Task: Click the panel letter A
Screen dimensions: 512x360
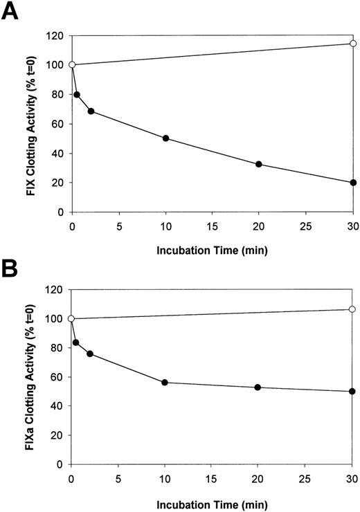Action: pyautogui.click(x=12, y=12)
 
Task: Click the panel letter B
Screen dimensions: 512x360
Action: pyautogui.click(x=11, y=268)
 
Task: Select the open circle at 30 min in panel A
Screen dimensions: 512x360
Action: pyautogui.click(x=353, y=44)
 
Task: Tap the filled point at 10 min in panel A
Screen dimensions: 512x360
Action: pyautogui.click(x=165, y=138)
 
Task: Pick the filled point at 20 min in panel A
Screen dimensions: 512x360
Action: pyautogui.click(x=259, y=164)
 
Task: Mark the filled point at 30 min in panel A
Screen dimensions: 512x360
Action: pyautogui.click(x=353, y=183)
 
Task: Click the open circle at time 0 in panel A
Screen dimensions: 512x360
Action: pyautogui.click(x=72, y=65)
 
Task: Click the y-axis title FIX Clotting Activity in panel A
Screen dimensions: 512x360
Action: pyautogui.click(x=30, y=123)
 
